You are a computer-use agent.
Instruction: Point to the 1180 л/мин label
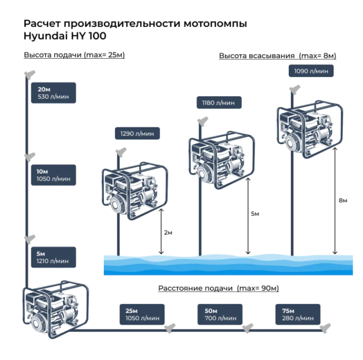(x=219, y=103)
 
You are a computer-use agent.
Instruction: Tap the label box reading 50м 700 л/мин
(x=220, y=314)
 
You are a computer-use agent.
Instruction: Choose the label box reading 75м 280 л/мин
(x=298, y=314)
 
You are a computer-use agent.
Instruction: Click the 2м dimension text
(x=168, y=232)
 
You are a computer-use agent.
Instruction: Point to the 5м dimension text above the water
(x=255, y=214)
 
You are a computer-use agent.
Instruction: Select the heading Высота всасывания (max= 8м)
(x=278, y=56)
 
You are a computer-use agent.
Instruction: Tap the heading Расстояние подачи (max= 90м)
(x=218, y=288)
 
